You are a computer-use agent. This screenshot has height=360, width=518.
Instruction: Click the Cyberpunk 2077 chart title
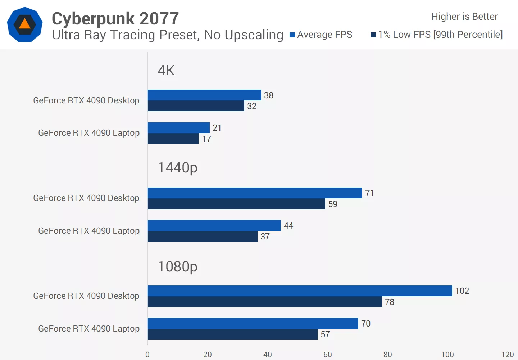point(115,18)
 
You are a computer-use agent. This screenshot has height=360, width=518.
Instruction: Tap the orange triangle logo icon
point(24,24)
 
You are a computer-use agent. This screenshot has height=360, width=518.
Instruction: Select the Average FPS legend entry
point(321,35)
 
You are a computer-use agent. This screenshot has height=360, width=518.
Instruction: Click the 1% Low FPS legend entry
point(437,35)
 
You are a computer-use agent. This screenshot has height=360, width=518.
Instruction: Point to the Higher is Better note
point(464,17)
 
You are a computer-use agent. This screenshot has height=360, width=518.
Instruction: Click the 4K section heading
point(166,71)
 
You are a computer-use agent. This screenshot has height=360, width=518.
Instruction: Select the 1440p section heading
point(178,168)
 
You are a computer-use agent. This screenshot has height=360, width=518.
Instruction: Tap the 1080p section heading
point(178,267)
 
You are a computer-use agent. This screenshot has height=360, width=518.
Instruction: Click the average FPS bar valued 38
point(204,95)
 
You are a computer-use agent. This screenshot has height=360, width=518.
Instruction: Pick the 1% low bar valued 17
point(173,139)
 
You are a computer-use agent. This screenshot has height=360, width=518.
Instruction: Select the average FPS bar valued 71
point(255,193)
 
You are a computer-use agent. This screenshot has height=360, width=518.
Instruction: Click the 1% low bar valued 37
point(203,237)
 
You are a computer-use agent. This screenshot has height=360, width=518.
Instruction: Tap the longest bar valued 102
point(300,291)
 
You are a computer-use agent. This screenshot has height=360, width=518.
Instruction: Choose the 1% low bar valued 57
point(232,334)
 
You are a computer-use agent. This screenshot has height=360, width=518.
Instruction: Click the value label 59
point(333,204)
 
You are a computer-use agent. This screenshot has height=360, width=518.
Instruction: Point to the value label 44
point(288,226)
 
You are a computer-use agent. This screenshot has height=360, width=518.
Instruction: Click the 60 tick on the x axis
point(327,354)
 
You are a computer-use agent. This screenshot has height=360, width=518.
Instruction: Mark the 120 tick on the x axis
point(507,354)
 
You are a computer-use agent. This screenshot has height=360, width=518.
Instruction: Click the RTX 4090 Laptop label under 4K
point(89,133)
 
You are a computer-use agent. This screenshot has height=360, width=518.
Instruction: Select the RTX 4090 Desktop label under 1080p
point(86,296)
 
